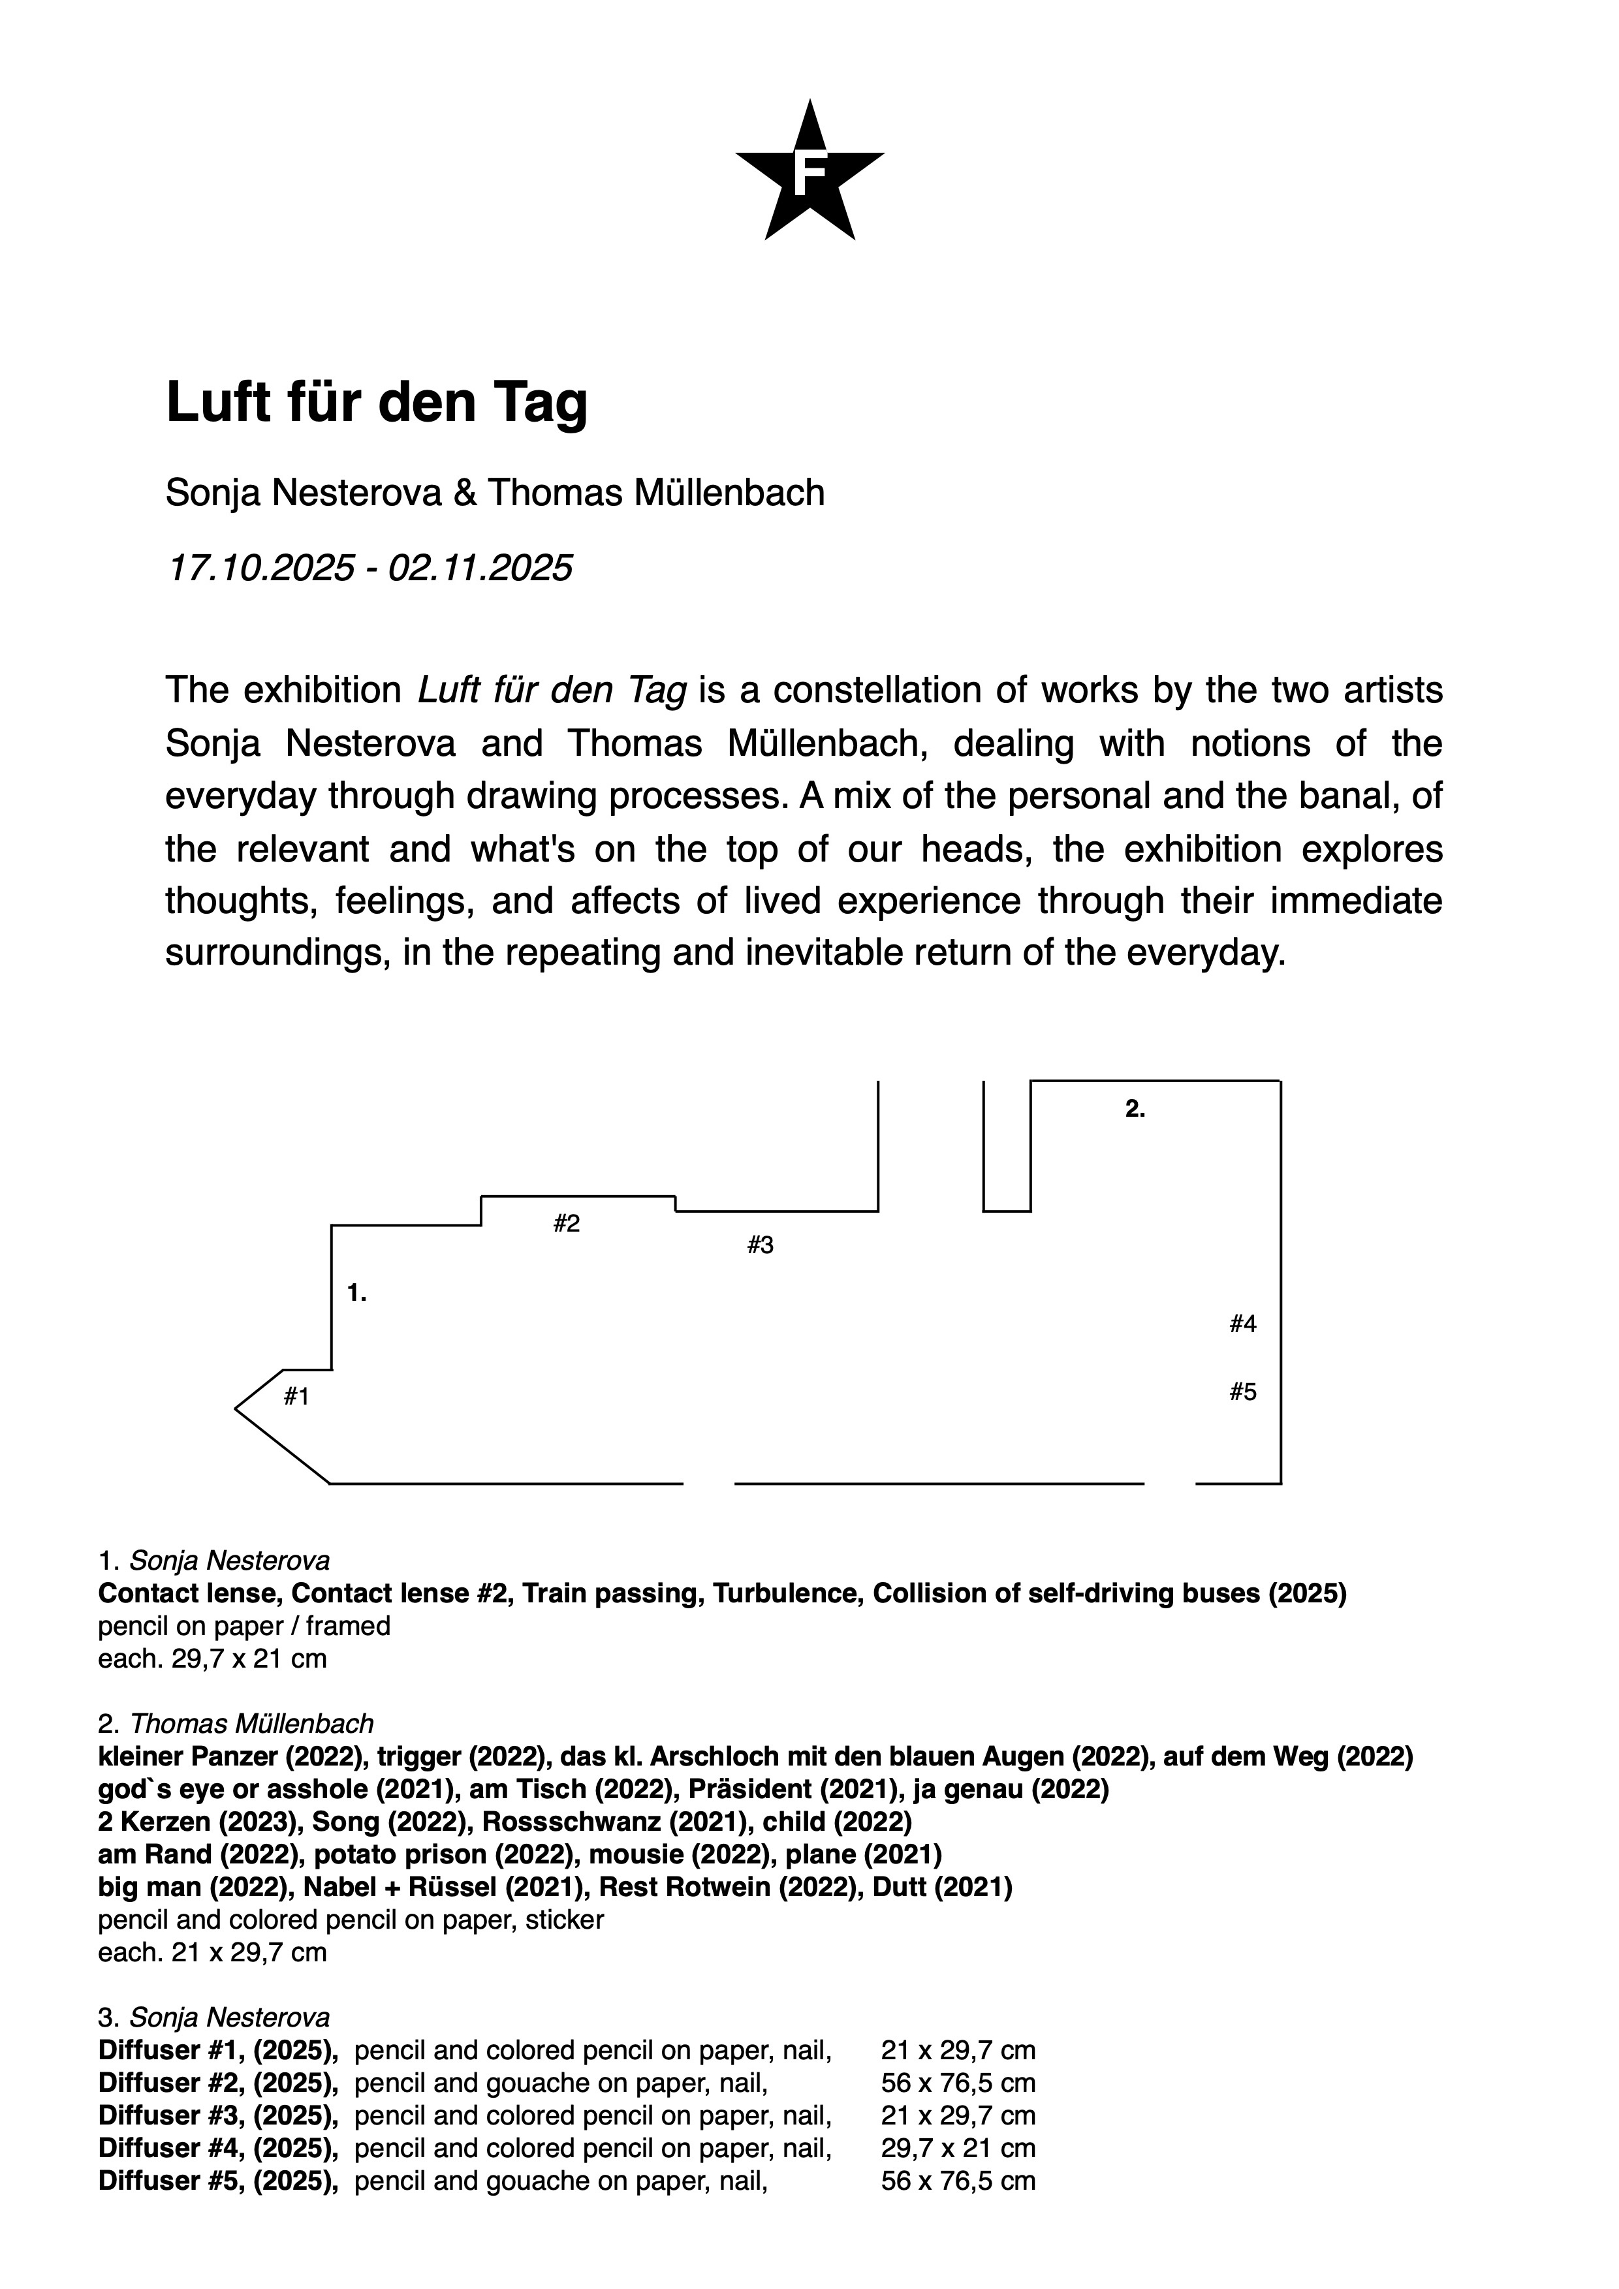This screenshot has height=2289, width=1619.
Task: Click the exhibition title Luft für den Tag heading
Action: (x=377, y=402)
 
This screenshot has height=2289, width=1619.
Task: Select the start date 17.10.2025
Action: (x=261, y=568)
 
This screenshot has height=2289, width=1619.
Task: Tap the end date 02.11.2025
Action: (x=480, y=568)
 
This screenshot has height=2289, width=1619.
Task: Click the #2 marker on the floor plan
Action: (x=566, y=1224)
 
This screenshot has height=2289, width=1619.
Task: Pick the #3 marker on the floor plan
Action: (x=760, y=1245)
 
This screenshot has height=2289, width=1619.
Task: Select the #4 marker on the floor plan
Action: (x=1242, y=1324)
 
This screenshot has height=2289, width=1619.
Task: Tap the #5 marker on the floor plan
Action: (x=1242, y=1392)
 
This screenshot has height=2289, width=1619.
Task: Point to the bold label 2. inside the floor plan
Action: (x=1135, y=1109)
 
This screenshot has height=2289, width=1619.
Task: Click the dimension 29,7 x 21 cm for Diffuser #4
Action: (x=957, y=2147)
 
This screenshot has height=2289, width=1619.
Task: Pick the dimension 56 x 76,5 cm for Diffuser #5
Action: (x=957, y=2181)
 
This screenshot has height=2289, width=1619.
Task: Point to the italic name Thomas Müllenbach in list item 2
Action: (x=251, y=1724)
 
